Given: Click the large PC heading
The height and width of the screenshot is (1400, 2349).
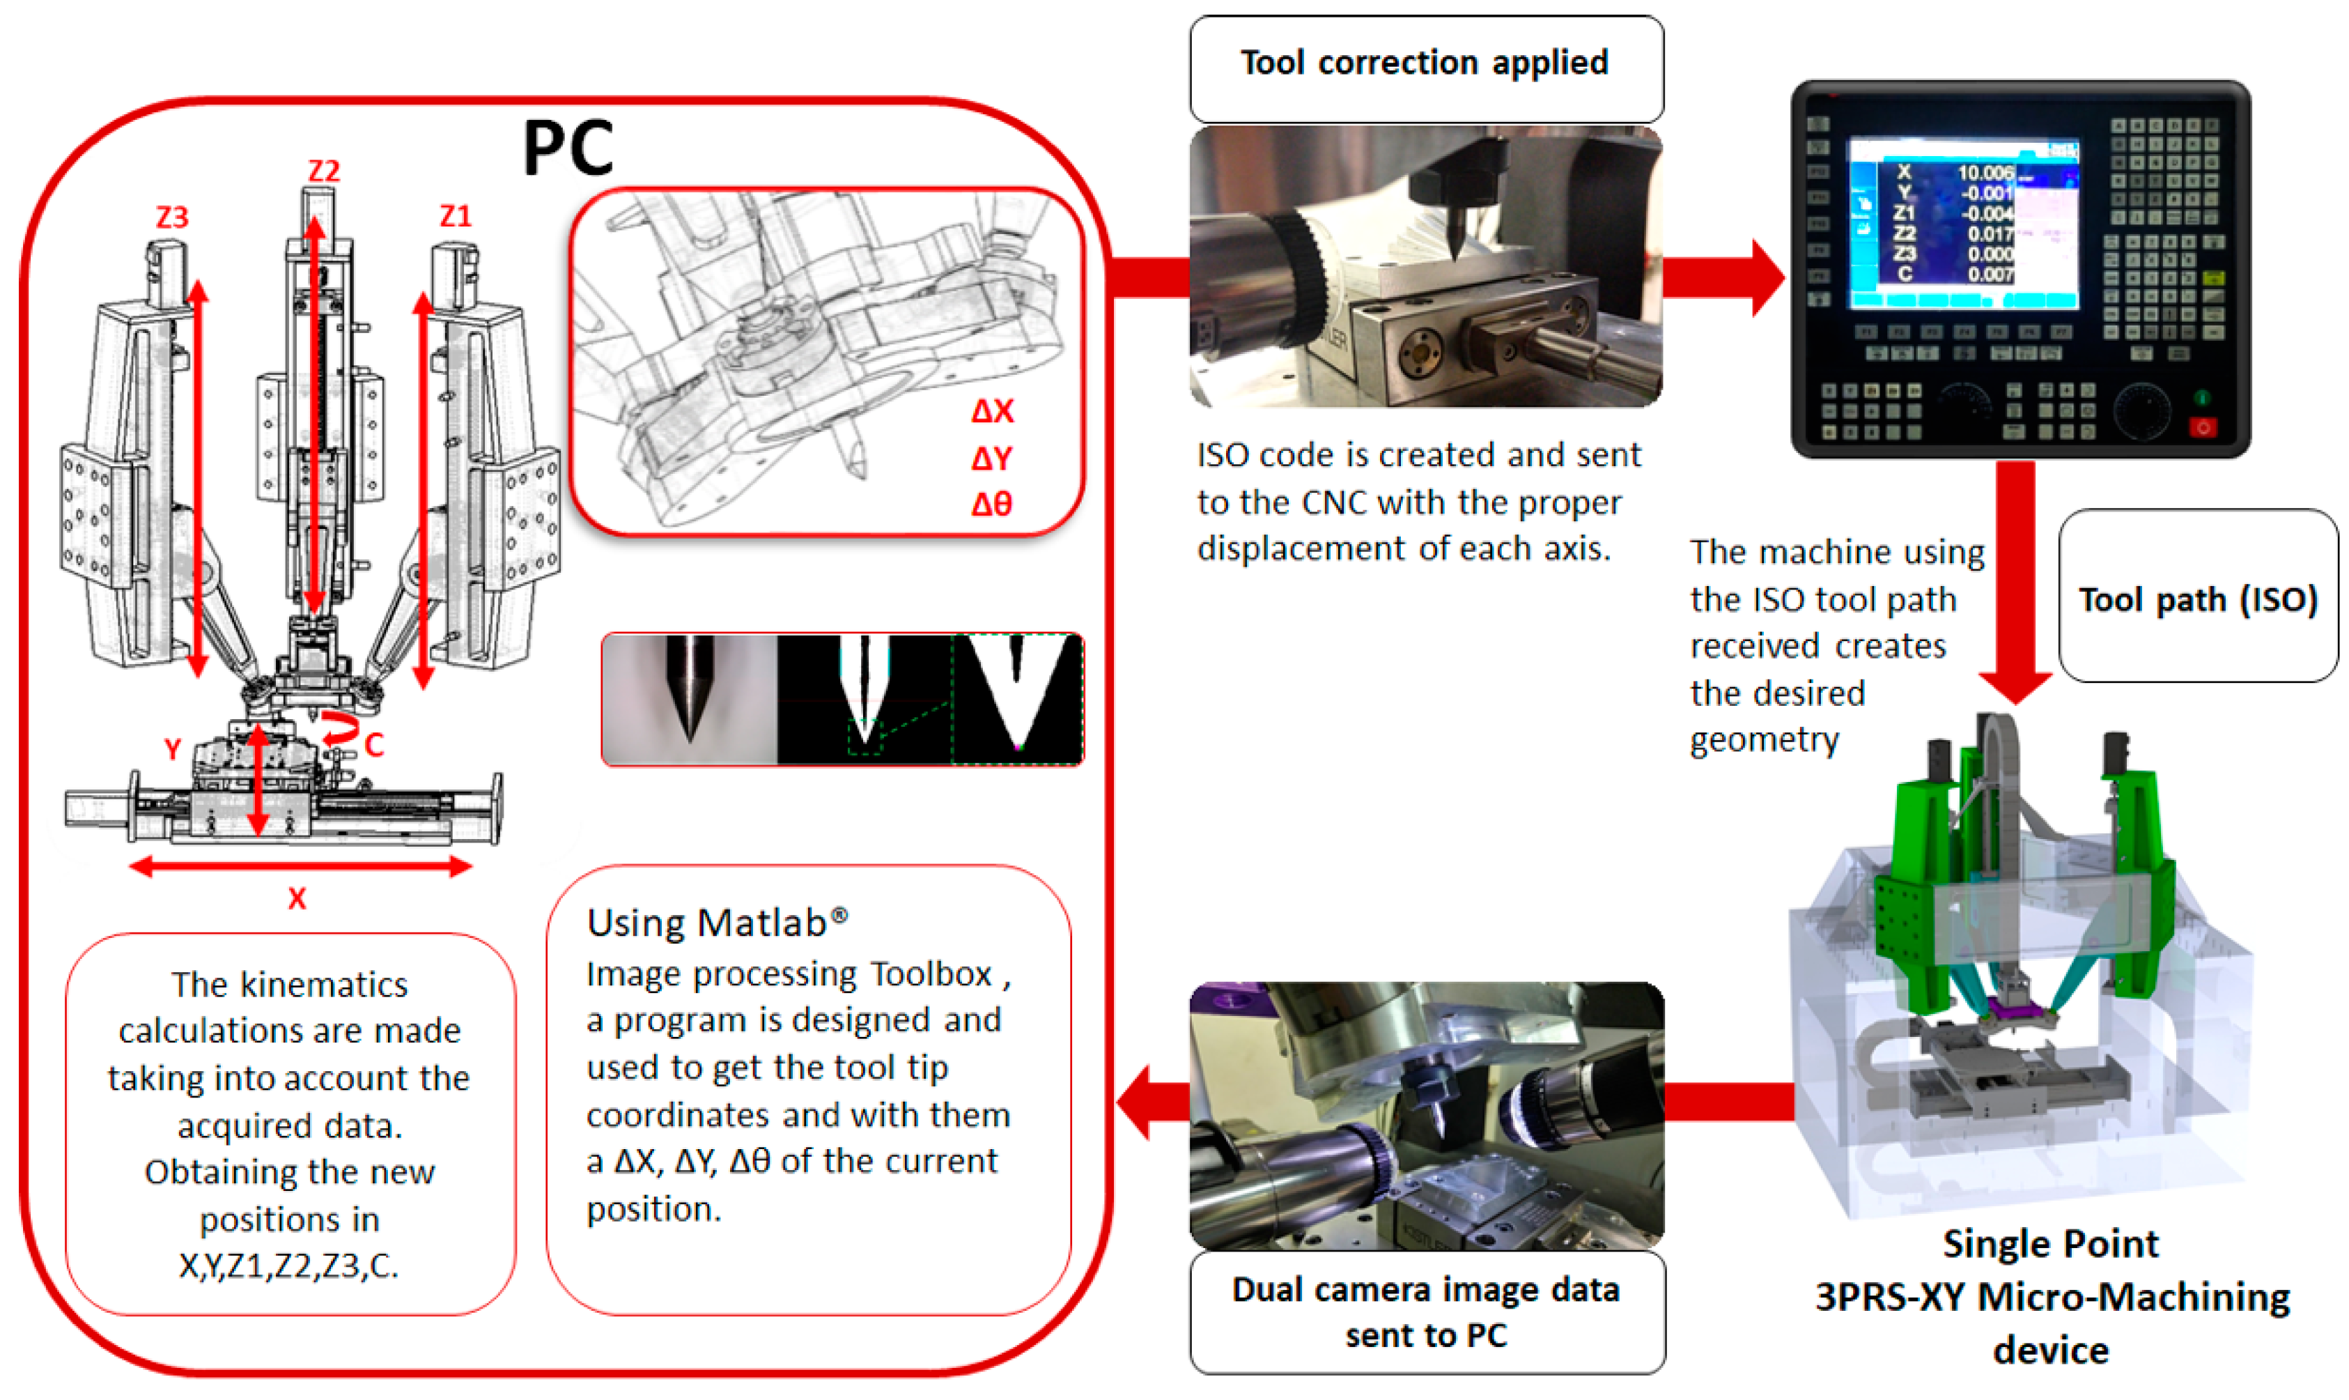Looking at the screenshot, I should [x=568, y=148].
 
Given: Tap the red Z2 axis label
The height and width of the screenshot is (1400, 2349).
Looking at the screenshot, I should [x=323, y=171].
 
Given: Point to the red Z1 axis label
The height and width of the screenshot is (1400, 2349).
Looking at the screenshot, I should [x=456, y=216].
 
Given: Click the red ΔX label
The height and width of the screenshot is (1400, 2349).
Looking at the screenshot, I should [x=992, y=411].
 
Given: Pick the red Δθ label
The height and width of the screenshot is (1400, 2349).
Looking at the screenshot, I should [x=992, y=505].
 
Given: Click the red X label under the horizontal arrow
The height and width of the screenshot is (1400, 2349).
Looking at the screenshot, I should [x=297, y=899].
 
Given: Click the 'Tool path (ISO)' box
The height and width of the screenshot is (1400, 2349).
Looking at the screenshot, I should [x=2197, y=599].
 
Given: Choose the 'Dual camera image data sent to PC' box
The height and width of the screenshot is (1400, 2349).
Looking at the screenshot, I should [x=1426, y=1312].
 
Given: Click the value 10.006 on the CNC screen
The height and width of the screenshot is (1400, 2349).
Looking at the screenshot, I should [x=1984, y=173].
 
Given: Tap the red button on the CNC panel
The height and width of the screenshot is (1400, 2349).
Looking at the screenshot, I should [x=2202, y=427].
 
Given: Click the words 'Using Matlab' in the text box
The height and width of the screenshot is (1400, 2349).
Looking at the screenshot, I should [x=707, y=923].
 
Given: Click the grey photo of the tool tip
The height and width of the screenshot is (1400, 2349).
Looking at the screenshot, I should [x=690, y=699].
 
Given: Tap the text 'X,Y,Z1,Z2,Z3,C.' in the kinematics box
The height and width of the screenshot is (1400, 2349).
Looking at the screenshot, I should [x=288, y=1265].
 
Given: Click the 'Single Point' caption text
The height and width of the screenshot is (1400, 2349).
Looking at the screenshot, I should [x=2050, y=1243].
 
